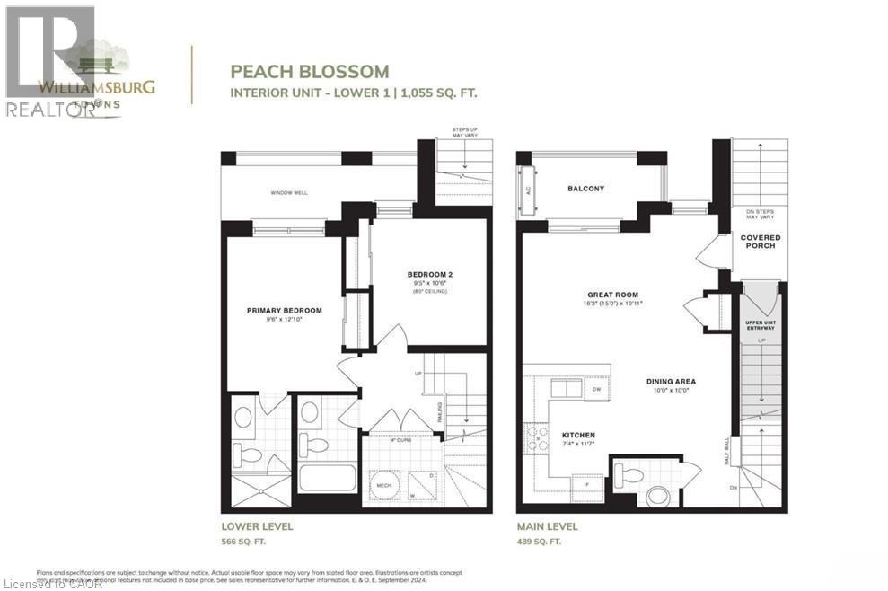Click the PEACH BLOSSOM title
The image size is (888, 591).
[310, 71]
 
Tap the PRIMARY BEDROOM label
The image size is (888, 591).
[284, 311]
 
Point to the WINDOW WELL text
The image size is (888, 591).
[289, 193]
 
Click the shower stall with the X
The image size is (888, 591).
[260, 490]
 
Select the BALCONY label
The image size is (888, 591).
[585, 189]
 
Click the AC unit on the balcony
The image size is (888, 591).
[528, 190]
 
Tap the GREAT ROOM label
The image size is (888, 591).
[612, 294]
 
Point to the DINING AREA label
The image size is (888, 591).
[671, 381]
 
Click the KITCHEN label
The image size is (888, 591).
[579, 435]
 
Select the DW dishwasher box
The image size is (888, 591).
[596, 389]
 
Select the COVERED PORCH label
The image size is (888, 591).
[760, 242]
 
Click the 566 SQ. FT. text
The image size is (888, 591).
[243, 542]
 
